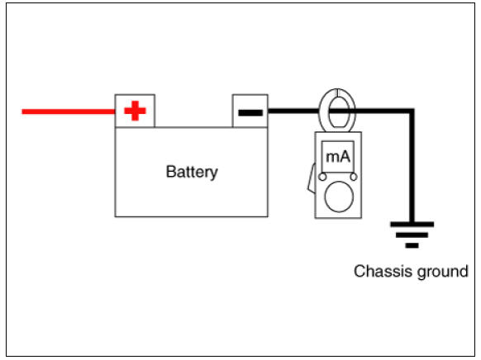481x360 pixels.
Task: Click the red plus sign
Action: coord(135,111)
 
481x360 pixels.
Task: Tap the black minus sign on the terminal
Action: coord(250,113)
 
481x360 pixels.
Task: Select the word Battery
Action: coord(192,173)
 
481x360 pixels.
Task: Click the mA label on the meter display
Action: coord(338,157)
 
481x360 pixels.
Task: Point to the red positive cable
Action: coord(69,111)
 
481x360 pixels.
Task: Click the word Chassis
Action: coord(383,271)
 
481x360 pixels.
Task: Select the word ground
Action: coord(442,272)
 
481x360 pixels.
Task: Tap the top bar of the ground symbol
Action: coord(412,225)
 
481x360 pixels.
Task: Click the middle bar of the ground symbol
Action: coord(412,235)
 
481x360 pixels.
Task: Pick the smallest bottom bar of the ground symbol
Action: coord(412,245)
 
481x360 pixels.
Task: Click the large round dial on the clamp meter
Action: coord(339,197)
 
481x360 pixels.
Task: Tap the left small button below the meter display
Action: coord(322,177)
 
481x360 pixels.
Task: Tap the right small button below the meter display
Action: coord(354,177)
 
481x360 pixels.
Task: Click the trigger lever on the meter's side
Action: coord(312,178)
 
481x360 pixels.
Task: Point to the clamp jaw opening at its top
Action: coord(337,92)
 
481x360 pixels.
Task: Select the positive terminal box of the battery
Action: coord(135,111)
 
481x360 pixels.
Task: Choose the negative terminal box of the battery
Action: coord(250,111)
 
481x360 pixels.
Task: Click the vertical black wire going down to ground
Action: coord(412,168)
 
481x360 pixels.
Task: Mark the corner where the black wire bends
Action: coord(412,111)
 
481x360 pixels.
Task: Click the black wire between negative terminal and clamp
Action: coord(293,111)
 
